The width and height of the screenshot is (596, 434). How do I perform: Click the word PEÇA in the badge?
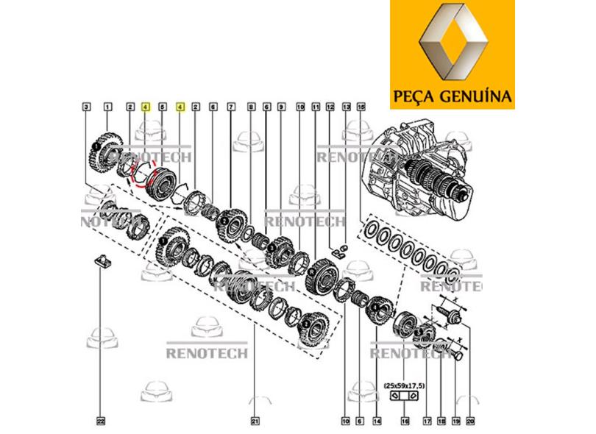[418, 97]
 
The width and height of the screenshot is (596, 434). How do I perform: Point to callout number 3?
[87, 107]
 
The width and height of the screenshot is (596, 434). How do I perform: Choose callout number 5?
[163, 107]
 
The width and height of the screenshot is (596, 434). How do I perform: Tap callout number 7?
[231, 107]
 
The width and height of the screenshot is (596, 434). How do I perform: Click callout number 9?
[281, 107]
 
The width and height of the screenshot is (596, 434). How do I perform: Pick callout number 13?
[346, 107]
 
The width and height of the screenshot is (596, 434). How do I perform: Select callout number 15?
[361, 107]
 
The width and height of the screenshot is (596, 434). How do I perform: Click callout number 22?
[101, 421]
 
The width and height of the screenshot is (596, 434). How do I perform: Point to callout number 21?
[255, 421]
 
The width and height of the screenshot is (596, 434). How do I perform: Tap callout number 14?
[377, 421]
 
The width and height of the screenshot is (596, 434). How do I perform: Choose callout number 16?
[404, 421]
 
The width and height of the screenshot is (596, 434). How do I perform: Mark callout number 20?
[470, 421]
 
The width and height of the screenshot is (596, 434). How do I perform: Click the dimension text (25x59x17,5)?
[405, 385]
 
